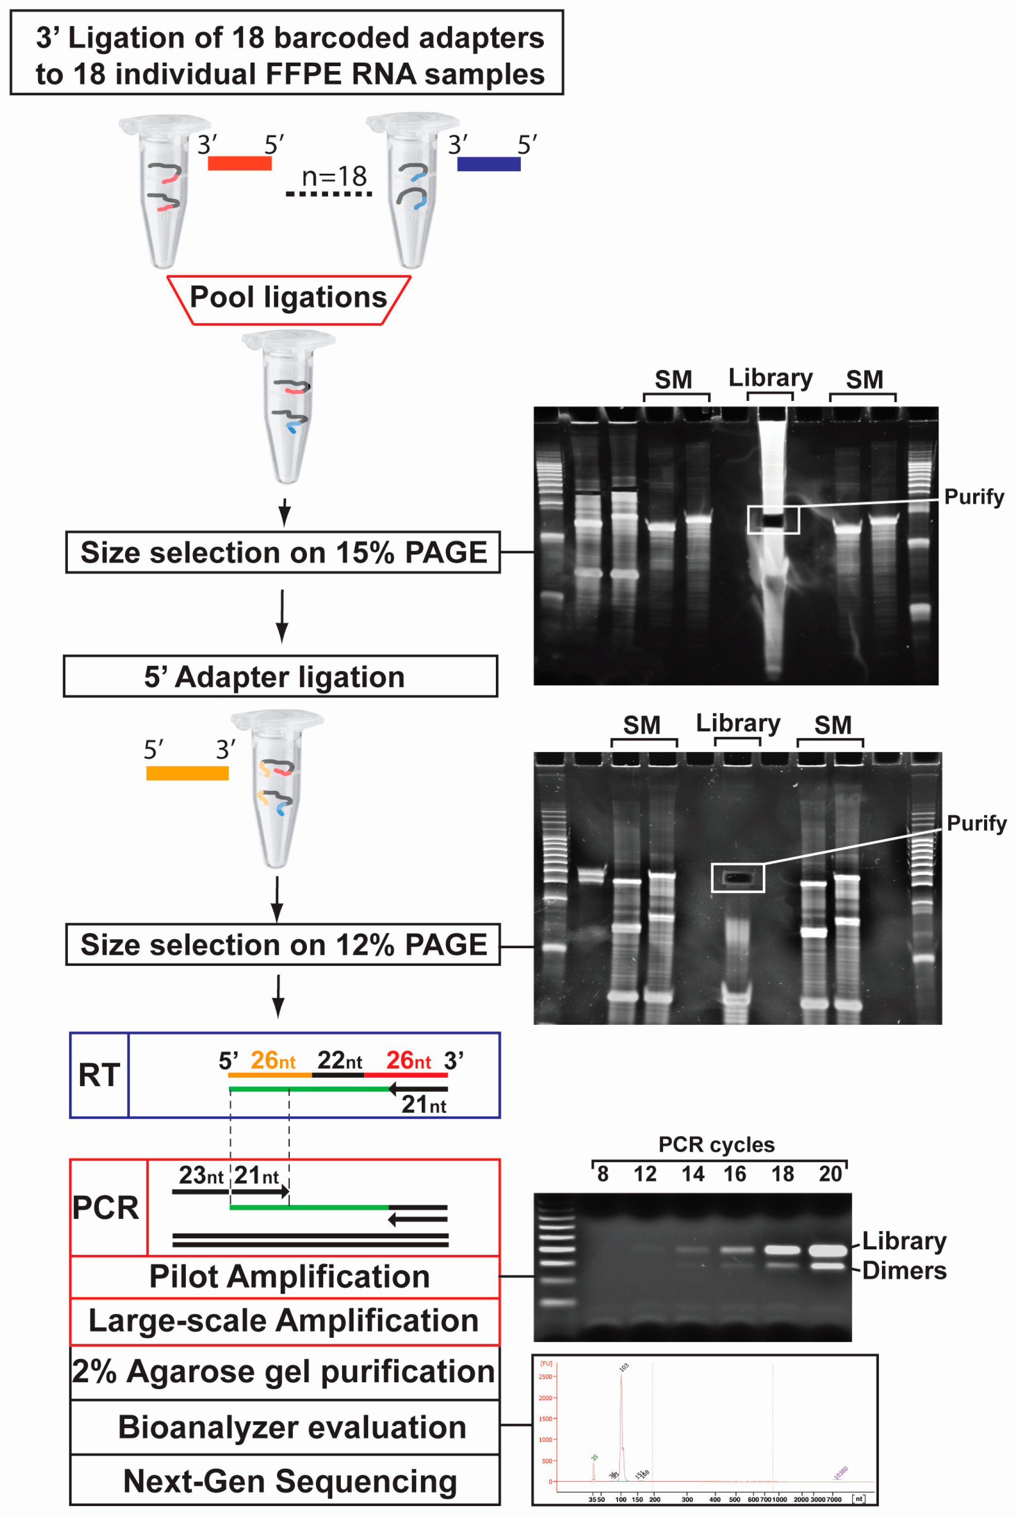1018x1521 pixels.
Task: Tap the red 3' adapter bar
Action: (x=240, y=163)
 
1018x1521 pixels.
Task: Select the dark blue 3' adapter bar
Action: (x=489, y=164)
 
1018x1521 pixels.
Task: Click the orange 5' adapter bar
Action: (x=187, y=773)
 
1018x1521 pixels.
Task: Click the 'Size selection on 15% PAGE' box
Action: (x=283, y=553)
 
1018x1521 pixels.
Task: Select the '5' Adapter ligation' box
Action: (x=281, y=677)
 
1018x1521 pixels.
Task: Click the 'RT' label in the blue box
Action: (x=99, y=1076)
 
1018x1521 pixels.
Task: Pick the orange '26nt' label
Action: (x=273, y=1061)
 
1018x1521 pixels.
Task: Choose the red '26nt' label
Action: (x=408, y=1061)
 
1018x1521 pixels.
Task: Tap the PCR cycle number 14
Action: (x=693, y=1174)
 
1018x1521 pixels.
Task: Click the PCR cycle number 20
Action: (x=830, y=1174)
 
